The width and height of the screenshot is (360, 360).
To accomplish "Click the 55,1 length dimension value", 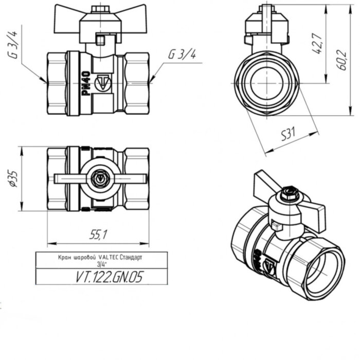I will click(x=97, y=235).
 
